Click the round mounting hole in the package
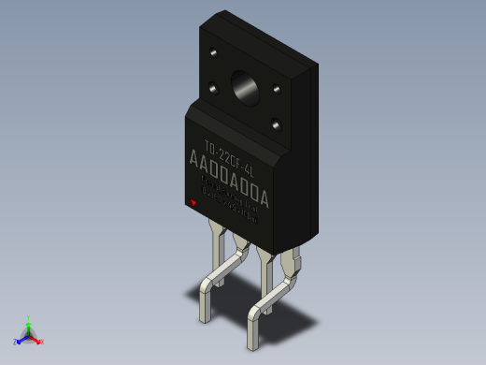247,87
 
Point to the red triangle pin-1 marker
193,202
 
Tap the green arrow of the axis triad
29,327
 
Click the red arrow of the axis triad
36,338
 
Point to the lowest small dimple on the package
276,123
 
